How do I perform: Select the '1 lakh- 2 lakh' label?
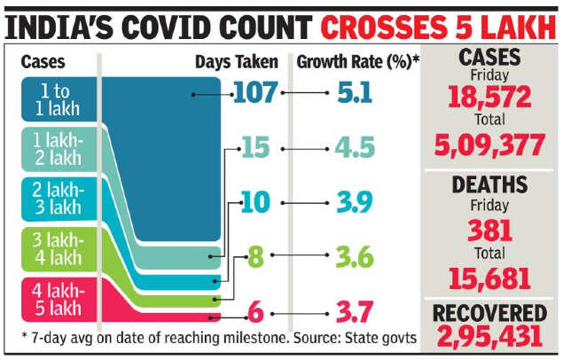pos(59,150)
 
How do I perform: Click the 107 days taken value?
pos(254,92)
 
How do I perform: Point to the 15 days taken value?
pos(254,148)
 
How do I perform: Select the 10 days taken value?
pos(254,203)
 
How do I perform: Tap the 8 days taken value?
pos(255,258)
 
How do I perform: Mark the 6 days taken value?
pos(255,312)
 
